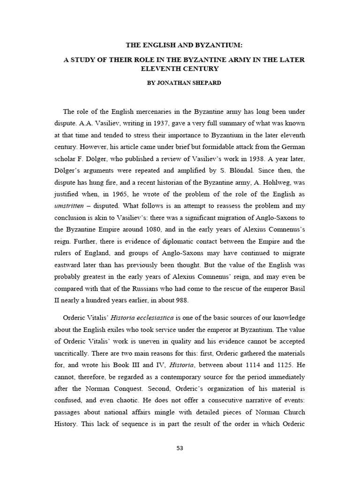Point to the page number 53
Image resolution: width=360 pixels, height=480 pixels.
(x=180, y=448)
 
